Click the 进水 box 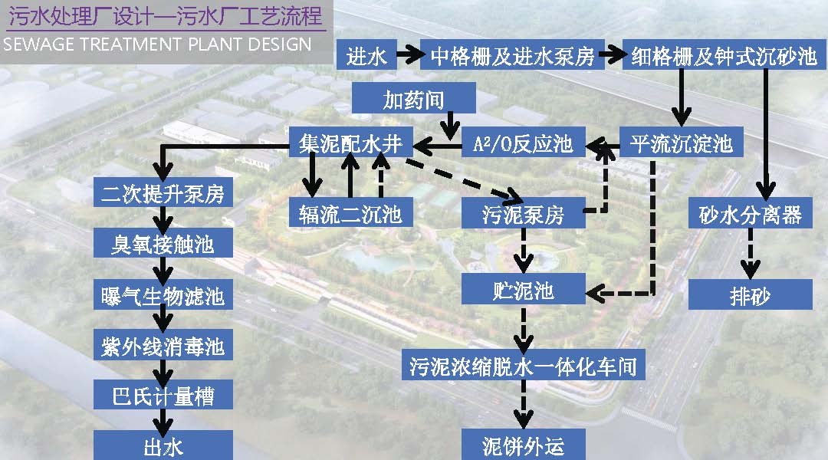(366, 56)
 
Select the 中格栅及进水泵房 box (512, 56)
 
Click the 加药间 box (413, 100)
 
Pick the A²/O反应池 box (524, 143)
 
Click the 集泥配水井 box (350, 143)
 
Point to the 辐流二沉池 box (350, 213)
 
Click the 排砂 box (750, 294)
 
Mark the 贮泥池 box (523, 291)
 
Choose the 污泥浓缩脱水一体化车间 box (523, 365)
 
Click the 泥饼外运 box (524, 445)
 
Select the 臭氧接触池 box (163, 245)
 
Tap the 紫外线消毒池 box (163, 346)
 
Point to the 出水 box (163, 446)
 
